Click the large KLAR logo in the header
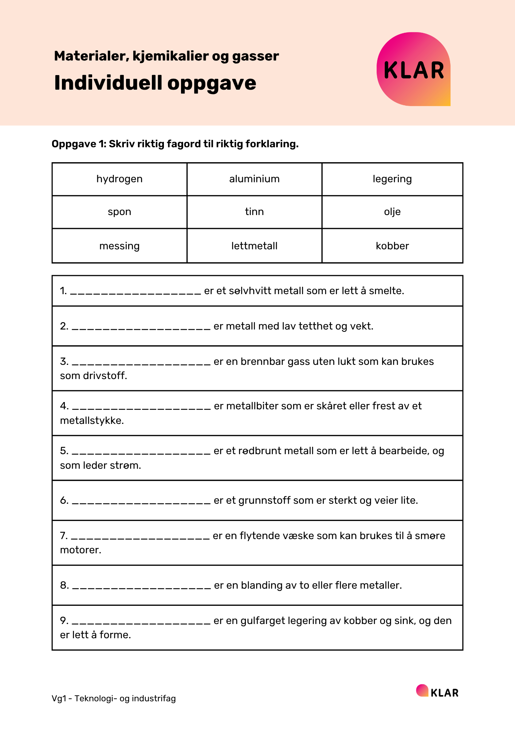pos(413,69)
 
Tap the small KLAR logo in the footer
pos(437,691)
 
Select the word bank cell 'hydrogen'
pos(119,179)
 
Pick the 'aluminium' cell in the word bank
pos(254,179)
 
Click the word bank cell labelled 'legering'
pos(392,179)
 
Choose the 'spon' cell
pos(119,212)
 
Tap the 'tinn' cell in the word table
pos(254,212)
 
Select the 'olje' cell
pos(392,212)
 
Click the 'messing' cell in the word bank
pos(119,246)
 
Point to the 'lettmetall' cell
pos(254,246)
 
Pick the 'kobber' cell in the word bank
pos(392,246)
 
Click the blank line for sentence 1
pos(135,292)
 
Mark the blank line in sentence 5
pos(141,452)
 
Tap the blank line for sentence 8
pos(141,586)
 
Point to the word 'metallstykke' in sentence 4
pos(92,421)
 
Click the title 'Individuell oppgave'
pos(155,83)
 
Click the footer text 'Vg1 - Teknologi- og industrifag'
pos(114,698)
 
